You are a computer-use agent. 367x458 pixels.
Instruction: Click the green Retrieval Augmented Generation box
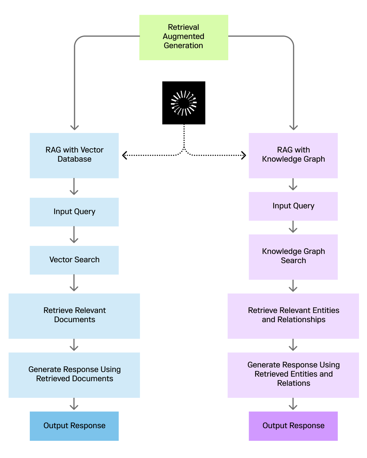(x=183, y=37)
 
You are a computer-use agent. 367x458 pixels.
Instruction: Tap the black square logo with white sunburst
(x=183, y=103)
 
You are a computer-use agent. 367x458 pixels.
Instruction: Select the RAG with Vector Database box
(x=74, y=156)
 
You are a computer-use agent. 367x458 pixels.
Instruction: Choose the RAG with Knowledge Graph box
(x=293, y=156)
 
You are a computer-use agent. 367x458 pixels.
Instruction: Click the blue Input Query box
(x=74, y=212)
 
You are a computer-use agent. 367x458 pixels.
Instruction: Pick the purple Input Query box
(x=293, y=206)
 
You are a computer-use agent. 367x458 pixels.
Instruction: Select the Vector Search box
(x=74, y=260)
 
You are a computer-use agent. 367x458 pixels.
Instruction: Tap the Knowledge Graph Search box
(x=293, y=257)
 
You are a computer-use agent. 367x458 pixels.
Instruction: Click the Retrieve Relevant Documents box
(x=74, y=316)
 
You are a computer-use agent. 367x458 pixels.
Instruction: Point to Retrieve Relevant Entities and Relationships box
(x=293, y=316)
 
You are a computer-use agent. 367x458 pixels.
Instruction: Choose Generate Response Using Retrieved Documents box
(x=74, y=375)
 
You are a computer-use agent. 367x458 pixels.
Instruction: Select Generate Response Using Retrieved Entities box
(x=293, y=375)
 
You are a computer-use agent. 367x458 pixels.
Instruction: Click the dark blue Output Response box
(x=74, y=426)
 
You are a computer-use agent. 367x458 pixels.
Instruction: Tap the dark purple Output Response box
(x=293, y=426)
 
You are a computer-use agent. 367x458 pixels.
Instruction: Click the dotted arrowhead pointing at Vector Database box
(x=125, y=155)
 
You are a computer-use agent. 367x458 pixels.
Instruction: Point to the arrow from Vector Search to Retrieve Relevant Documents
(x=74, y=283)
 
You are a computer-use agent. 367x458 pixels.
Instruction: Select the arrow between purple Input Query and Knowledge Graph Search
(x=293, y=227)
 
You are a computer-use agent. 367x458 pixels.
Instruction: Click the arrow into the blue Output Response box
(x=74, y=404)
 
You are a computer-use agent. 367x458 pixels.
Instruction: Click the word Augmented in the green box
(x=183, y=37)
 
